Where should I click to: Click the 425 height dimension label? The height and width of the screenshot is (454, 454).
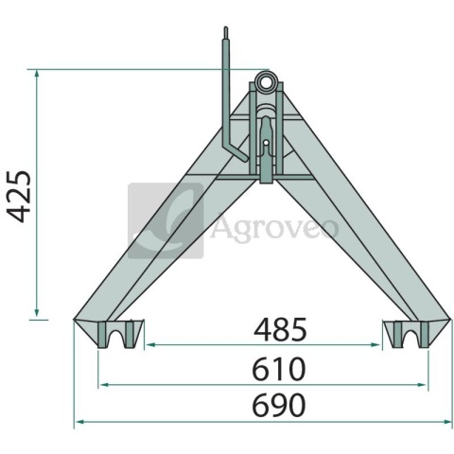point(20,197)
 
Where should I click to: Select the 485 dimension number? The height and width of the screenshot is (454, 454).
point(280,329)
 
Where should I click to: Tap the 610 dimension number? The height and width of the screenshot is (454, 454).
point(279,369)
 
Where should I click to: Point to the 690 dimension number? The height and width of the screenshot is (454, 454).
point(279,405)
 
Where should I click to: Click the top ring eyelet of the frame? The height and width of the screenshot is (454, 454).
point(267,81)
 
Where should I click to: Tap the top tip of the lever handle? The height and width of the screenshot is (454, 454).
point(226,27)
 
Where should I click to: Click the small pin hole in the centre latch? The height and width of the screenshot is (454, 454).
point(267,143)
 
